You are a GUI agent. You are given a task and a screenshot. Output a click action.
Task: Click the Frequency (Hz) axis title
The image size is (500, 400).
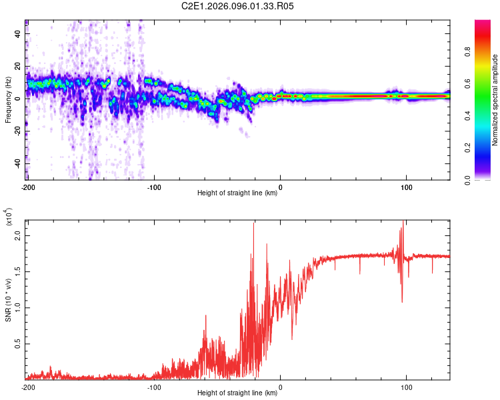coord(8,101)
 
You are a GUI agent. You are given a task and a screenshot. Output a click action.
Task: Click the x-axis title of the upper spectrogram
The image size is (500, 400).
coord(237,193)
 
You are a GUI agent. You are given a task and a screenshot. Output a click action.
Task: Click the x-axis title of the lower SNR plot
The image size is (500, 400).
coord(237,393)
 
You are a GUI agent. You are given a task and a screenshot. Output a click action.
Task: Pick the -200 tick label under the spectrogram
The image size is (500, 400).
coord(28,186)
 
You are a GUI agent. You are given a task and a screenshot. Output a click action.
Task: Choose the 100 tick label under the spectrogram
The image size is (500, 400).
coord(407,186)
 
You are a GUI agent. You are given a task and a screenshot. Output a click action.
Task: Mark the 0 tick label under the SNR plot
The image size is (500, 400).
coord(280,386)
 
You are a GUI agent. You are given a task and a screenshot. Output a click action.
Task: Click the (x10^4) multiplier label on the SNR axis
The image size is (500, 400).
coord(9,217)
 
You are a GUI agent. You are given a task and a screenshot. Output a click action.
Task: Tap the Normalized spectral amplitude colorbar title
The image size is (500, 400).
coord(495,101)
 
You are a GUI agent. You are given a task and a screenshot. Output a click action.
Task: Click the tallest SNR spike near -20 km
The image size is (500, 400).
coord(254,224)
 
